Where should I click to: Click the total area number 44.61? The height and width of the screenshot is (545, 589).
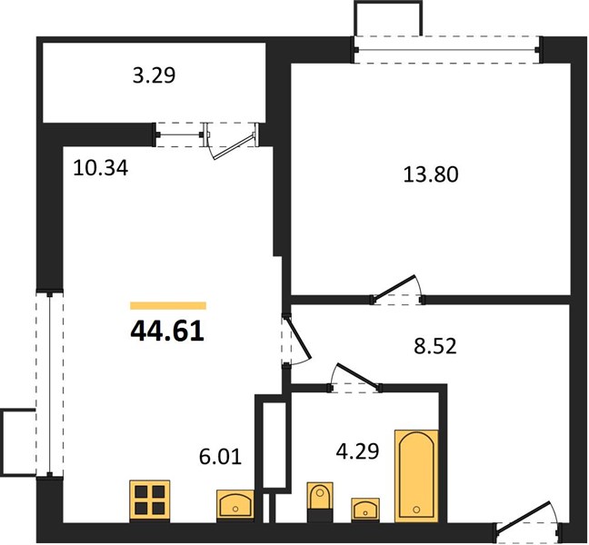click(167, 332)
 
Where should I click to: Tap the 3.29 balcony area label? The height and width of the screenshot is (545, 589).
click(154, 75)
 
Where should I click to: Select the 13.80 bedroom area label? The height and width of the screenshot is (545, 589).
click(431, 174)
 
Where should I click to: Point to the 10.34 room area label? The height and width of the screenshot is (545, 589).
click(101, 168)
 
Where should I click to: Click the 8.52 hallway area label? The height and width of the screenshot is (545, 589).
click(435, 346)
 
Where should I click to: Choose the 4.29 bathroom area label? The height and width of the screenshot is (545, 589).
click(357, 451)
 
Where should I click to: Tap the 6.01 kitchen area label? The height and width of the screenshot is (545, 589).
click(220, 457)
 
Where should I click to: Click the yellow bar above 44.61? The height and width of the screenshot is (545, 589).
click(168, 305)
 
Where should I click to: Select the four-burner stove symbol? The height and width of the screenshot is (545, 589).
click(149, 501)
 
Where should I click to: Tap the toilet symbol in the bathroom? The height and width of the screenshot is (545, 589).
click(320, 502)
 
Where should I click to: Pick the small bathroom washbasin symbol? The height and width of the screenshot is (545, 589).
click(365, 510)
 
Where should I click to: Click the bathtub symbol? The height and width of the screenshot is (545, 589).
click(416, 476)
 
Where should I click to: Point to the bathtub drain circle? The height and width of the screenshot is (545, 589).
click(415, 510)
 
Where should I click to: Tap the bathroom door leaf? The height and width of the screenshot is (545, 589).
click(358, 375)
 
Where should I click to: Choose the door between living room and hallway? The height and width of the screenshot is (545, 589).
click(299, 337)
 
